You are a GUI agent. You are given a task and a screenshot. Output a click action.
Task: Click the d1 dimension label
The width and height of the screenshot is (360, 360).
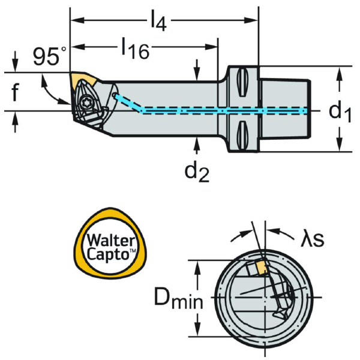pyautogui.click(x=340, y=111)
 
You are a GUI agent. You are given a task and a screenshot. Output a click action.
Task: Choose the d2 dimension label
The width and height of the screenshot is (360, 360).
pyautogui.click(x=197, y=172)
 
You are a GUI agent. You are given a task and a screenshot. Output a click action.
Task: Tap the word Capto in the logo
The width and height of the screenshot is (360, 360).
pyautogui.click(x=109, y=254)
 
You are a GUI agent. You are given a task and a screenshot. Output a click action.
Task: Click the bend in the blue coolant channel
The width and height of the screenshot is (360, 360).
pyautogui.click(x=143, y=110)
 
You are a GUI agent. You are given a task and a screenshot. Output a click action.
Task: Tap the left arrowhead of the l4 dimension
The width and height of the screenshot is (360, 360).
pyautogui.click(x=76, y=23)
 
